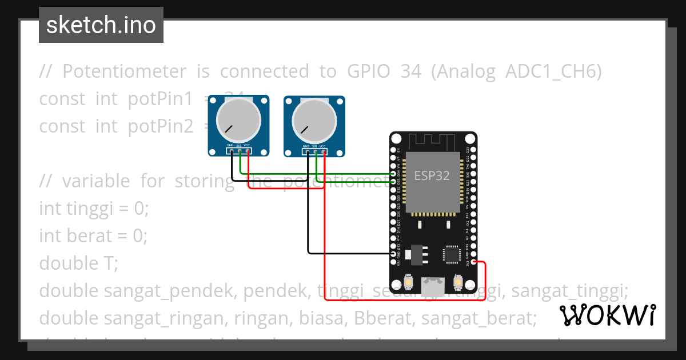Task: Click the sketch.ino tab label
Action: coord(101,25)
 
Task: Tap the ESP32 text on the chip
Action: coord(432,176)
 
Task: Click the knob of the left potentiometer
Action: coord(238,119)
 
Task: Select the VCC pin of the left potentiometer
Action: coord(248,151)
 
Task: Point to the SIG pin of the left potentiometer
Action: coord(240,151)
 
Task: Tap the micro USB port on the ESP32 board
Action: coord(433,284)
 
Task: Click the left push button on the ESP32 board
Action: coord(409,282)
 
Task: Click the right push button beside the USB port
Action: coord(458,282)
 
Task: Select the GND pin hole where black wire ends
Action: coord(393,253)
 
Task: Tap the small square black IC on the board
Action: coord(452,254)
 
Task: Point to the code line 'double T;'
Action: coord(78,263)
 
